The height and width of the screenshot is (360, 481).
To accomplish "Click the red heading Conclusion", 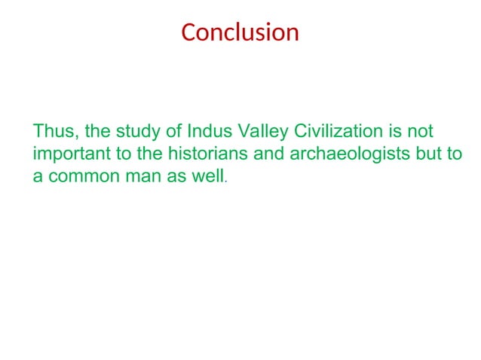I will [x=240, y=33].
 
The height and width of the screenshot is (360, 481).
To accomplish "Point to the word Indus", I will [x=207, y=132].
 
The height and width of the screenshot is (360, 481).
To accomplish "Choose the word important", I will [x=66, y=155].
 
